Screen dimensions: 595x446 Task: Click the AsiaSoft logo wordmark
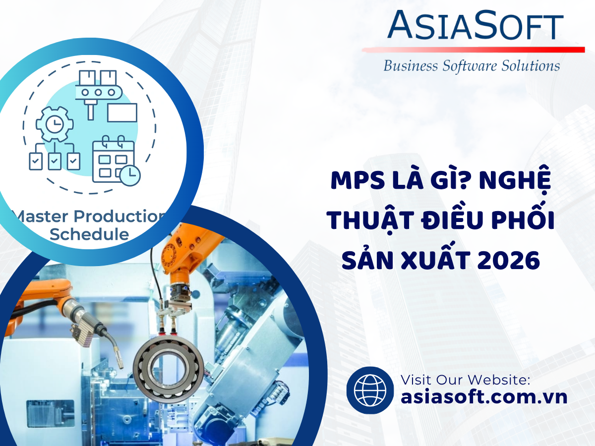[x=475, y=25]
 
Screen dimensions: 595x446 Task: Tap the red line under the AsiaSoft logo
[x=474, y=50]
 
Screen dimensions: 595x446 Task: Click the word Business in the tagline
[x=411, y=66]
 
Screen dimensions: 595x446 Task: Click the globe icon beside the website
[x=370, y=390]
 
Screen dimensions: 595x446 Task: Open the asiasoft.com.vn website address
[x=484, y=397]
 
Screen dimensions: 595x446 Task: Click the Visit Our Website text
[x=466, y=380]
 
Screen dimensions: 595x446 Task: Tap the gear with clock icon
[x=55, y=124]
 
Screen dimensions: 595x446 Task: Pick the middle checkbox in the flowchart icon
[x=55, y=162]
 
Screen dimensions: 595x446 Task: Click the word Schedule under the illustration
[x=89, y=234]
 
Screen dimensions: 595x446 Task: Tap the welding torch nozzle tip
[x=121, y=366]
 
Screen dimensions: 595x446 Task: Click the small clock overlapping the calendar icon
[x=130, y=175]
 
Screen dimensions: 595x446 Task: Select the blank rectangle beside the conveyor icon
[x=122, y=112]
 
